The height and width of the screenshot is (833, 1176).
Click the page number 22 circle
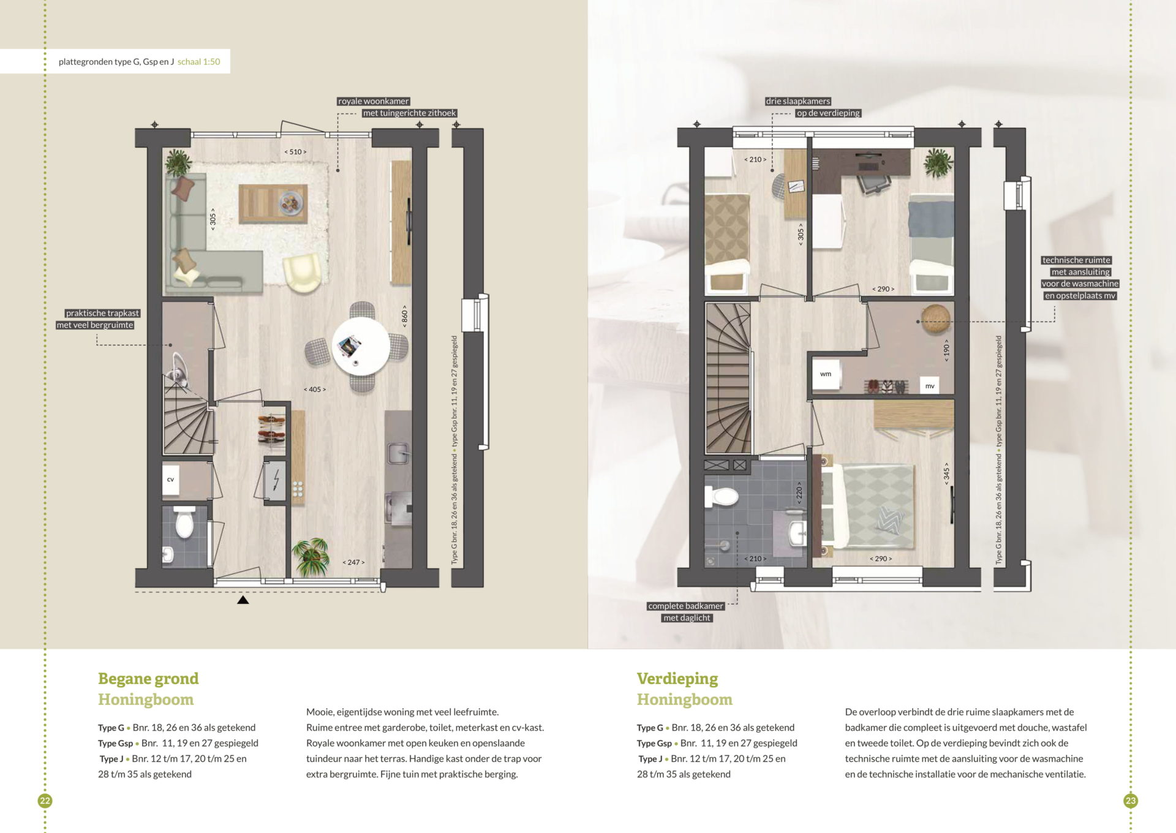[45, 801]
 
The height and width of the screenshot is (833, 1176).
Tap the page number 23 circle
[1131, 801]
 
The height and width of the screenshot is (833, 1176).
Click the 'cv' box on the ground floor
[171, 480]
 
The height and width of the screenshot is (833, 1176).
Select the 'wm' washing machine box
[826, 374]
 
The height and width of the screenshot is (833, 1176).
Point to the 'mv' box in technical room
[930, 386]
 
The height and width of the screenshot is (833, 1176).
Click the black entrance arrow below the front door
[243, 600]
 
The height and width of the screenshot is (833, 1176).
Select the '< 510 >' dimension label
[295, 152]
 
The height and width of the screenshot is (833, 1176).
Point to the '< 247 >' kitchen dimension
[353, 562]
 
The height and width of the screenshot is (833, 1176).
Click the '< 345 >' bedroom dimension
[946, 473]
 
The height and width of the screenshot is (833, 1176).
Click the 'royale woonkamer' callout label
[374, 102]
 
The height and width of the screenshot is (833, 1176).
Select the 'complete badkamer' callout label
[686, 606]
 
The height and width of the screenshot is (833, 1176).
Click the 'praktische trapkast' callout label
[102, 314]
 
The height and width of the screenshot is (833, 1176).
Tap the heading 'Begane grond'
[148, 679]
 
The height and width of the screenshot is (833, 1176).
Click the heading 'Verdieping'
[677, 679]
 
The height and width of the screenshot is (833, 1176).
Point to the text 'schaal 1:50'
[199, 62]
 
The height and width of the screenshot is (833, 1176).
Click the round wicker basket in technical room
[935, 319]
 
